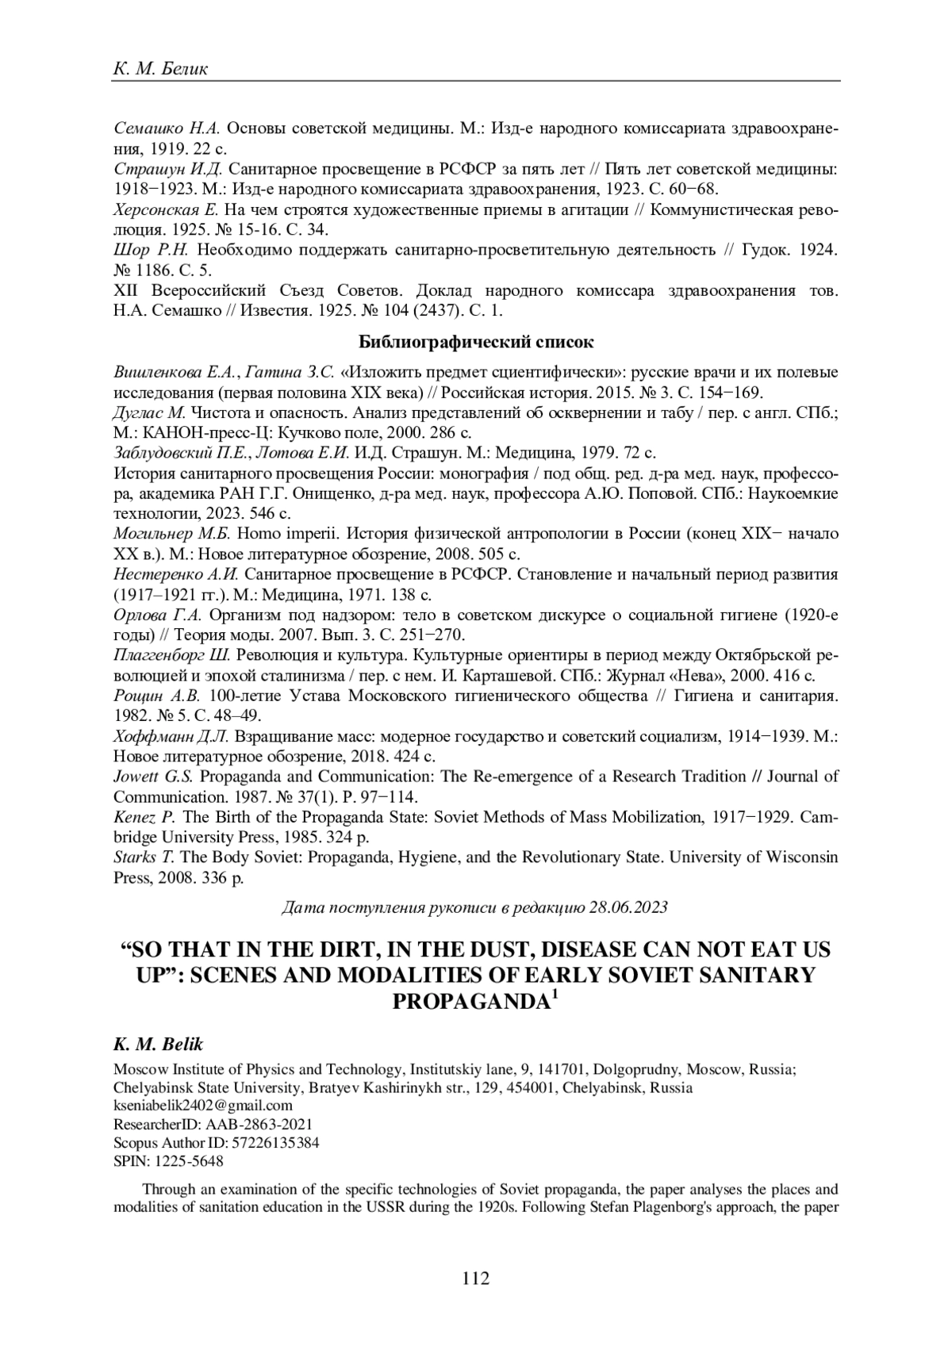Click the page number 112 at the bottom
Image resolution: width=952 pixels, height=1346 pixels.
(x=476, y=1278)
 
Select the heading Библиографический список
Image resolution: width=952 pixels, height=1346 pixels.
(x=476, y=343)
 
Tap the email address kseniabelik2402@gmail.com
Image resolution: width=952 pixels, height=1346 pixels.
(x=203, y=1105)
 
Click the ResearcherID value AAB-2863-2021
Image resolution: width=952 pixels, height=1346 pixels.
(x=259, y=1124)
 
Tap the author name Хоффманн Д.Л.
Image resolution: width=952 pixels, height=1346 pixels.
(x=171, y=736)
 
